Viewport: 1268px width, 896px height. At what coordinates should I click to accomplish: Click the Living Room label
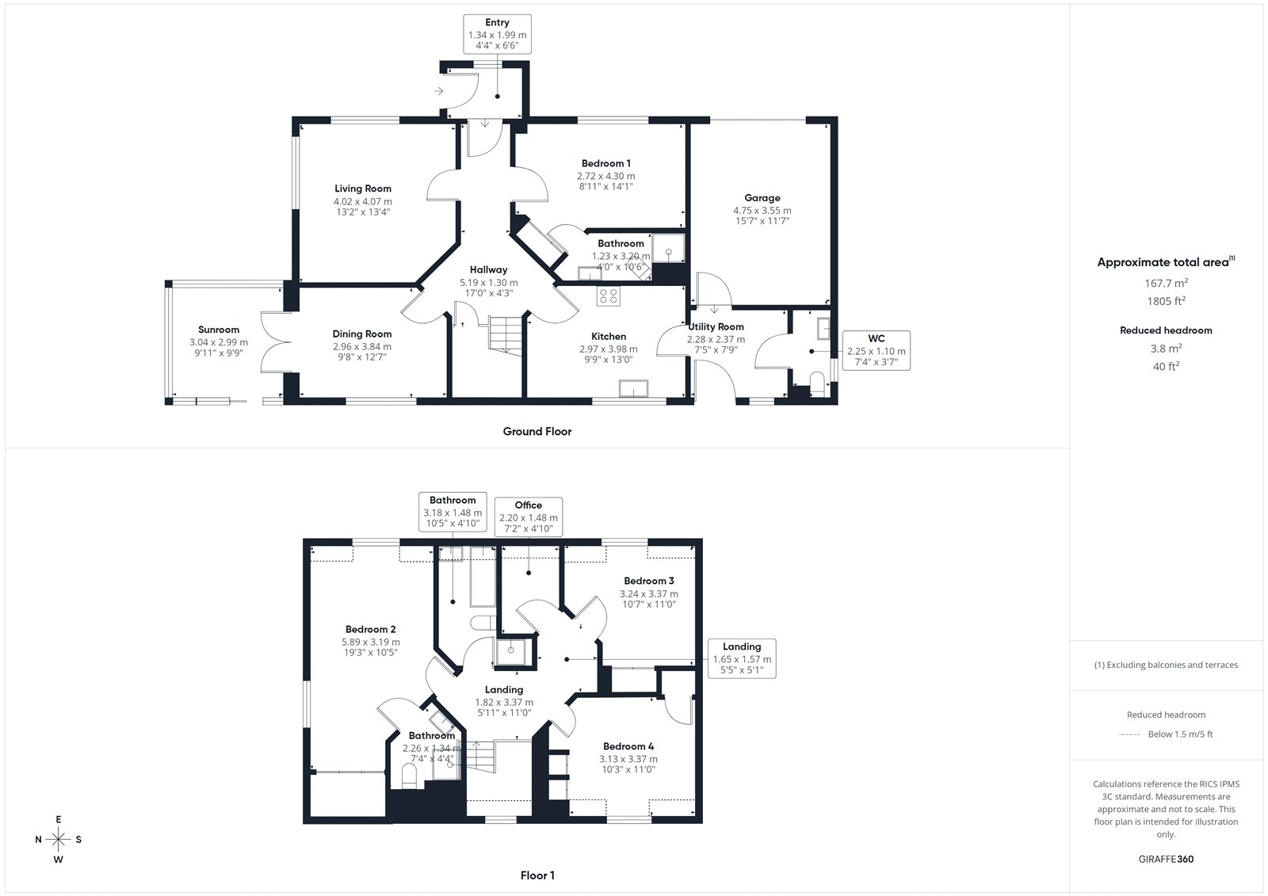[362, 189]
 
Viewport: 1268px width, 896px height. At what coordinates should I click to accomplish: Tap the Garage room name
[762, 197]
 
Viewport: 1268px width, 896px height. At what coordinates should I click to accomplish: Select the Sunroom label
[219, 330]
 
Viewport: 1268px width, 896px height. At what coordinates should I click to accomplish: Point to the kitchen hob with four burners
[608, 295]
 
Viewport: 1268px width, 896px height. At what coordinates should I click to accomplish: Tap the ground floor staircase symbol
[505, 336]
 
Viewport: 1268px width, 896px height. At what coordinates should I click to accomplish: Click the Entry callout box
[497, 34]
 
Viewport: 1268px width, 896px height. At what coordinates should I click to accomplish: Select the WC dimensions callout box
[877, 350]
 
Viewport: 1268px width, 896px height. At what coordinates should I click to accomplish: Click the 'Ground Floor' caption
[537, 431]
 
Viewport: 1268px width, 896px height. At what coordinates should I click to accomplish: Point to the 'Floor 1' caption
[537, 875]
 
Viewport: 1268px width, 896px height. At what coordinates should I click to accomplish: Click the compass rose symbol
[59, 839]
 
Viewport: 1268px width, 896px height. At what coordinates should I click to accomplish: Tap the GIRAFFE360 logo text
[1166, 859]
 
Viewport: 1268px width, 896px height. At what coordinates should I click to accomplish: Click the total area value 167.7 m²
[1166, 283]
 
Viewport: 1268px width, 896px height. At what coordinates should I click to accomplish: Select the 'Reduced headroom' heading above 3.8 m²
[1166, 330]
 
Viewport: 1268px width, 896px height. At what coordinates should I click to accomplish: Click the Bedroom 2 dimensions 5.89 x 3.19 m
[371, 642]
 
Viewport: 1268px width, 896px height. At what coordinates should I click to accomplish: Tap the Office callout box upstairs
[528, 517]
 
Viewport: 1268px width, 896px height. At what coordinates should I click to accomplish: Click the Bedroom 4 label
[628, 746]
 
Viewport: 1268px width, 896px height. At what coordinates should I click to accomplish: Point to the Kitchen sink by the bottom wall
[633, 389]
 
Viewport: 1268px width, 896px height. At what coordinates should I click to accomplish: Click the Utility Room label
[716, 326]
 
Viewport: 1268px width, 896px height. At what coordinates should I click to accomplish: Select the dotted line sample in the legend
[1130, 734]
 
